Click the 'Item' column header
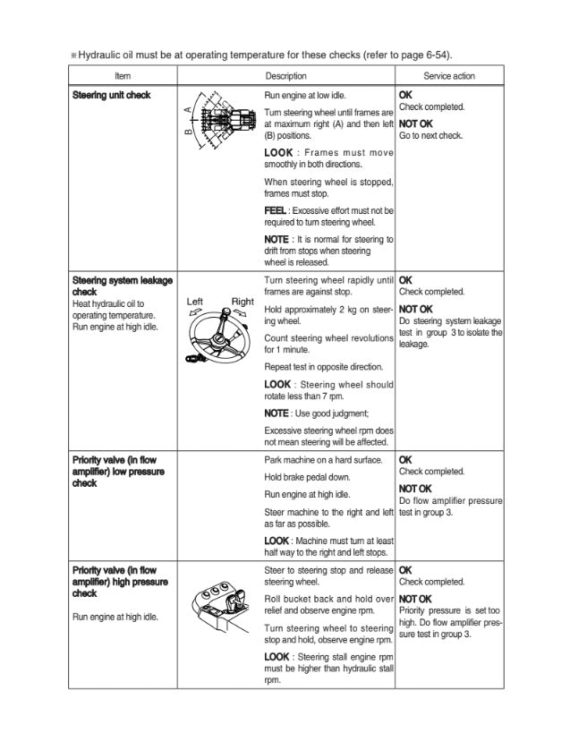tap(123, 76)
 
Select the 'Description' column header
tap(285, 76)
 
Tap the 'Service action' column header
tap(449, 76)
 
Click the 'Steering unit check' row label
tap(111, 95)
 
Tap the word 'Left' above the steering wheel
tap(196, 302)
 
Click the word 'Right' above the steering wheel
tap(242, 302)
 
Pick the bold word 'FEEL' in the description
tap(275, 209)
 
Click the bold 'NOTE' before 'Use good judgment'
tap(276, 413)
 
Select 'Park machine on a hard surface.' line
tap(323, 460)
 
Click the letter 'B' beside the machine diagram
tap(187, 132)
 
